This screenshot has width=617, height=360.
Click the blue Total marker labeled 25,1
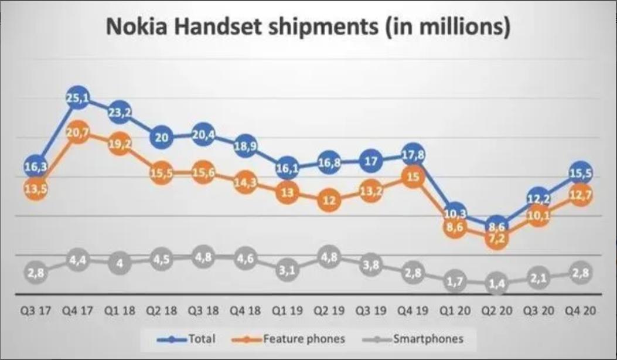tap(77, 100)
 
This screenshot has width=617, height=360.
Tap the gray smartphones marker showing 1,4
tap(496, 284)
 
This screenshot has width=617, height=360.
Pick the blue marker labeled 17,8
tap(412, 154)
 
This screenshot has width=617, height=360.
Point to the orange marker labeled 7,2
tap(496, 239)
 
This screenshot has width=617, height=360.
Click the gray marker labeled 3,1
tap(287, 270)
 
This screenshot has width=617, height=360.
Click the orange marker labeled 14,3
tap(245, 182)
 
